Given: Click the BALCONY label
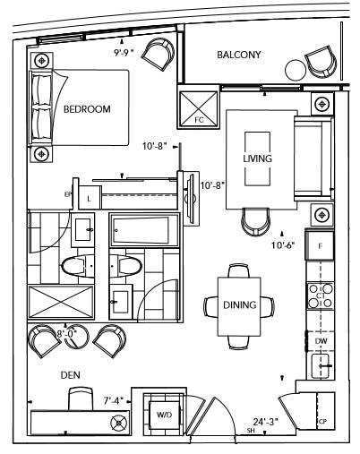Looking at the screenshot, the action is [239, 55].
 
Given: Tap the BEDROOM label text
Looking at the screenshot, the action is [87, 109].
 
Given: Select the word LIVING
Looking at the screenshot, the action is [257, 158].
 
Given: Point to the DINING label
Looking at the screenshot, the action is [240, 304].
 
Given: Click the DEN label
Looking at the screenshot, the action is [71, 375].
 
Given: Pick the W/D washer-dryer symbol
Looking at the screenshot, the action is [165, 415].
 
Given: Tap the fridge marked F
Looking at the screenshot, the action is [320, 245].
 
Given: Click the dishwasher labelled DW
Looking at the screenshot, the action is [321, 341].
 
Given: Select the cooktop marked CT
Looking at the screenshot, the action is [321, 296].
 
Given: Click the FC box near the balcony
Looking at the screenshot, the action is [199, 108].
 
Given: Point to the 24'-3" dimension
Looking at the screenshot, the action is [266, 422].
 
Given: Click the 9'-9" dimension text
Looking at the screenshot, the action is [124, 53].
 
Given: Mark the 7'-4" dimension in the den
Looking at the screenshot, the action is [114, 400].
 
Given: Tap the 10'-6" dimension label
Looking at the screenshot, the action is [283, 245].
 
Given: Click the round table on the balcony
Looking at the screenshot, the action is [296, 70].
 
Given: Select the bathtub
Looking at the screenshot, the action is [143, 230].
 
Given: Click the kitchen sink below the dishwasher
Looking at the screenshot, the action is [321, 365].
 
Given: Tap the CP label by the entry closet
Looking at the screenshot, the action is [322, 422].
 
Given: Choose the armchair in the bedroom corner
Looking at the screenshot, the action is [159, 53].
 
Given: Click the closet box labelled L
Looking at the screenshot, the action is [90, 198].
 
